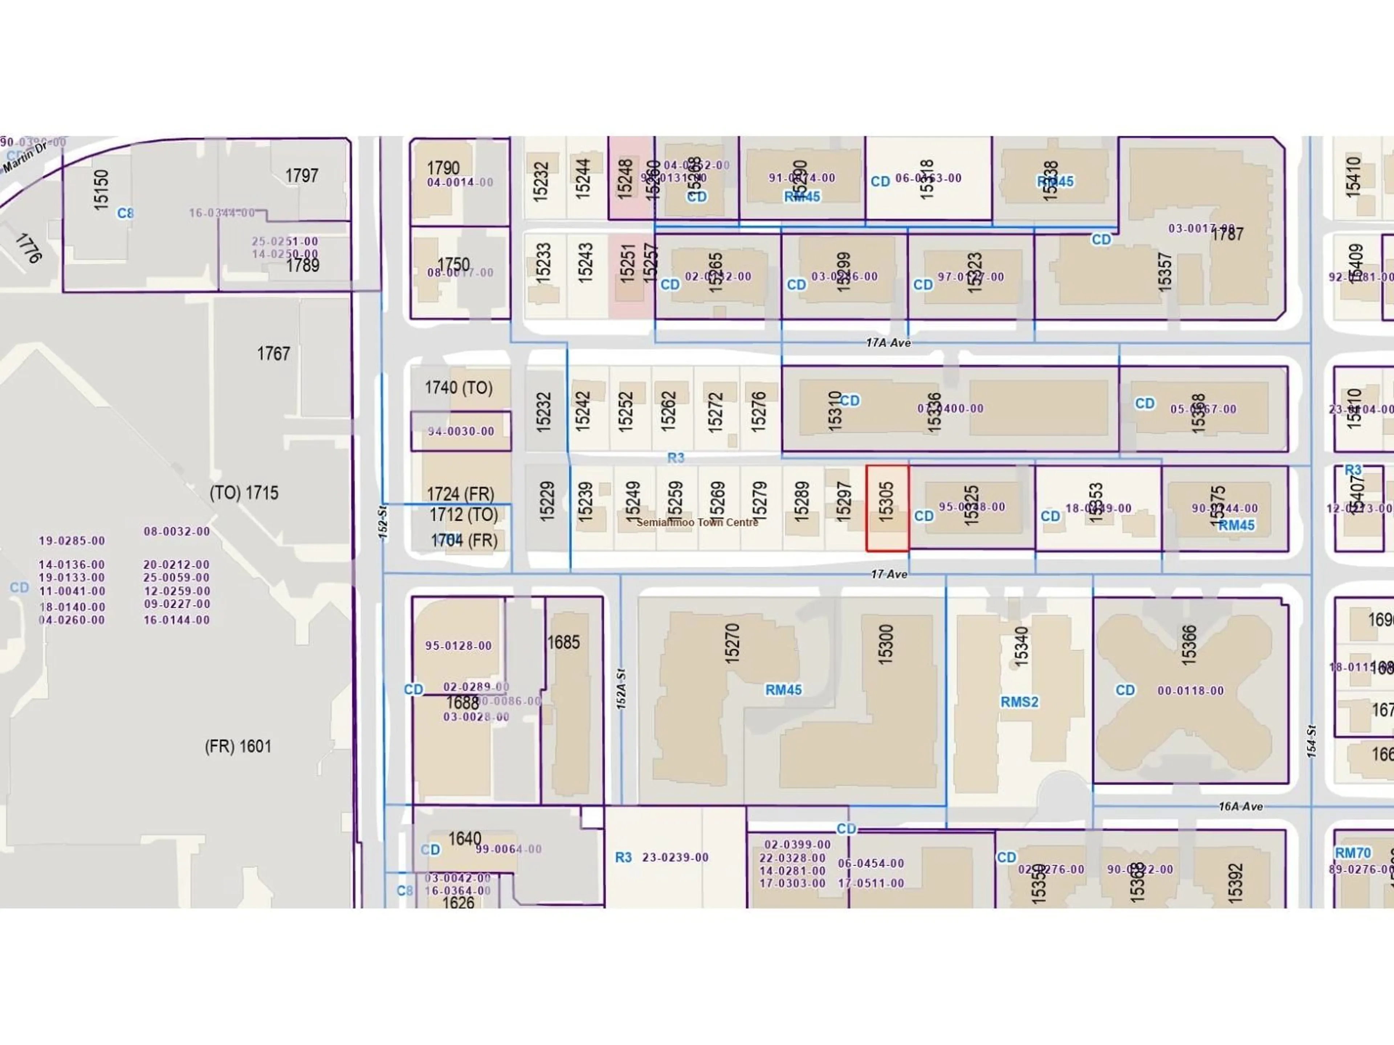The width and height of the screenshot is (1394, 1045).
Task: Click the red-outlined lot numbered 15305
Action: click(887, 508)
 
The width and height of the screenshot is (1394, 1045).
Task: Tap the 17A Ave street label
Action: click(888, 343)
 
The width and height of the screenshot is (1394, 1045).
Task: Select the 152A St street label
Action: click(621, 689)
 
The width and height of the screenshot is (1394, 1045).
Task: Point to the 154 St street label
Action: click(1312, 741)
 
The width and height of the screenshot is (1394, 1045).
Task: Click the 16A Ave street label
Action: click(1240, 806)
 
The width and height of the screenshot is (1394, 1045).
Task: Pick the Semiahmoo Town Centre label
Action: click(697, 522)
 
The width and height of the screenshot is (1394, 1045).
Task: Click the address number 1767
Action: click(273, 353)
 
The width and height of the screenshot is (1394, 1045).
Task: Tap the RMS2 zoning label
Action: click(1019, 702)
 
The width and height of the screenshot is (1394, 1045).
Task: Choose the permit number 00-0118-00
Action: click(1190, 690)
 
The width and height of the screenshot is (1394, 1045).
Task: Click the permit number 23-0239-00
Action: click(675, 857)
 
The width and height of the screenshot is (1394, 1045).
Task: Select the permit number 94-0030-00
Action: click(461, 431)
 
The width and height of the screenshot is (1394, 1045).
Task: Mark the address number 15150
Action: click(101, 189)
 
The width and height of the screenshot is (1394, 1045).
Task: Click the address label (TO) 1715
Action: click(244, 493)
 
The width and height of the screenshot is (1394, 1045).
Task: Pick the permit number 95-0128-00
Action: click(458, 646)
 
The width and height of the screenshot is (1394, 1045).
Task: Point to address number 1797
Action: click(301, 175)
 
